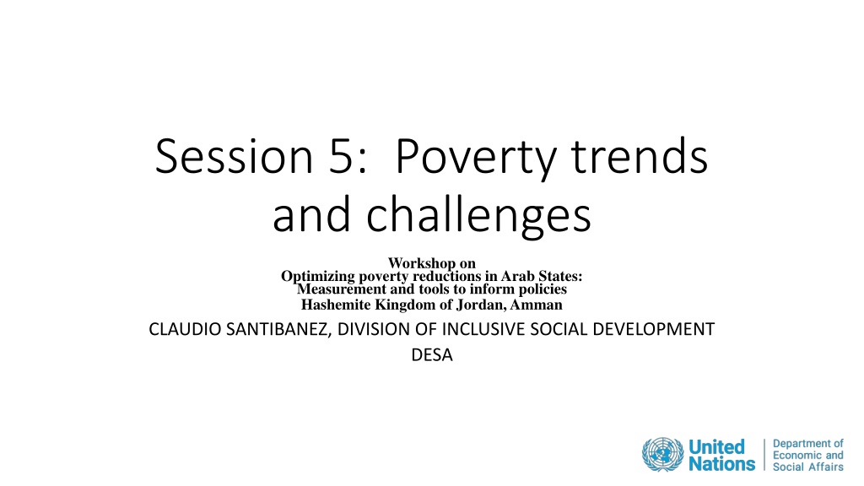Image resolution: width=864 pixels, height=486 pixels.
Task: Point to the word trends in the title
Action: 640,156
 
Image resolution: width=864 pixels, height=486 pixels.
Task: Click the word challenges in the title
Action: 479,215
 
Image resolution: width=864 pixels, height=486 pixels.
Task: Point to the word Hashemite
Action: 336,305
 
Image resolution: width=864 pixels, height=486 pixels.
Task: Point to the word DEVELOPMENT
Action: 654,329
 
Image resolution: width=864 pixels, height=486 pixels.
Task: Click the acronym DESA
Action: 432,355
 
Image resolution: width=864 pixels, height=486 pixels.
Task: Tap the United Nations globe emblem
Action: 663,455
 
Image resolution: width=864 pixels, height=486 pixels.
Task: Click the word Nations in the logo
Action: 722,464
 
